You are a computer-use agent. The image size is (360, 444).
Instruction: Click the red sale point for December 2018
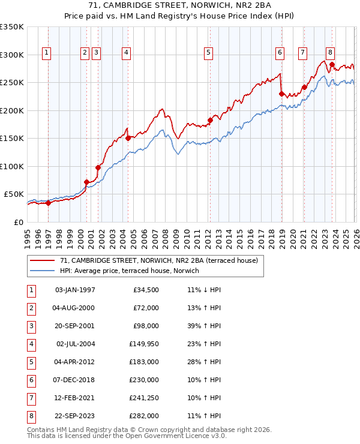click(x=281, y=94)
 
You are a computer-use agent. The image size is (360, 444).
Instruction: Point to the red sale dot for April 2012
click(x=211, y=120)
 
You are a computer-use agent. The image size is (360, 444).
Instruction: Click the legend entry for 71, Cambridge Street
click(x=159, y=260)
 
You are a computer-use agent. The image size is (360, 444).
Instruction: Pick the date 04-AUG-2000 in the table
click(x=75, y=308)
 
